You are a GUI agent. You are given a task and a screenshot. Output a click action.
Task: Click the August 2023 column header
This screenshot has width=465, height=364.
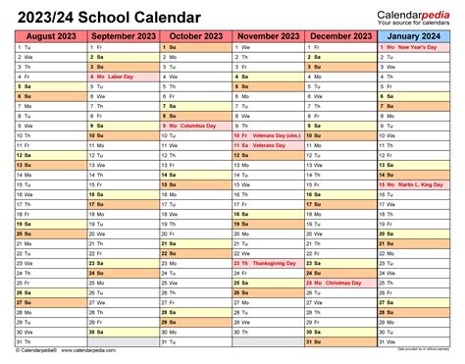click(50, 36)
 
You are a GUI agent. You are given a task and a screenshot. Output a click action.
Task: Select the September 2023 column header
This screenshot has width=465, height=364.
click(123, 36)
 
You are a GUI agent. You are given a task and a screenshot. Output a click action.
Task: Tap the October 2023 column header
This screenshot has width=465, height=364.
click(195, 36)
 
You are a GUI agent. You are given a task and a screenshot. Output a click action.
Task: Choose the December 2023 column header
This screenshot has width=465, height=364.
click(340, 36)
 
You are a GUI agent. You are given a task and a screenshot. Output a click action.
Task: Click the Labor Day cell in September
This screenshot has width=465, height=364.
click(123, 76)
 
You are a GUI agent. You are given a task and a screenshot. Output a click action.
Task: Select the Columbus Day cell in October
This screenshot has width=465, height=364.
click(195, 127)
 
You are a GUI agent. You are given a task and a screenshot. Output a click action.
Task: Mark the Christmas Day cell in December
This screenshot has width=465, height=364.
click(340, 283)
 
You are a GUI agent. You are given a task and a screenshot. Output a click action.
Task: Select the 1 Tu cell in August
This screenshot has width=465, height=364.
click(50, 47)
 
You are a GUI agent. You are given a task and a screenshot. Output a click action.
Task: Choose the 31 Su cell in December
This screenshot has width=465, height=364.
click(340, 341)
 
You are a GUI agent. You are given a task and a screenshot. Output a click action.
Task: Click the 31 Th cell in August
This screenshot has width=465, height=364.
click(50, 341)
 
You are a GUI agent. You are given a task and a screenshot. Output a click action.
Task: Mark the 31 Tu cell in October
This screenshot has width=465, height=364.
click(195, 341)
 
